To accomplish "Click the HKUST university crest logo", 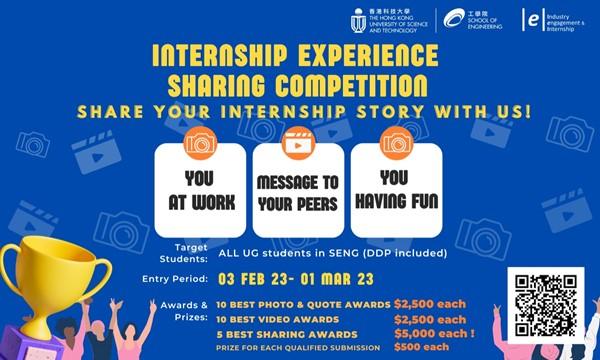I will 358,19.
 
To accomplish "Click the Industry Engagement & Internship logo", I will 534,19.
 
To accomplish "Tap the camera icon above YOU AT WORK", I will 199,143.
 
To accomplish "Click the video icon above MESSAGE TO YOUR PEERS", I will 298,143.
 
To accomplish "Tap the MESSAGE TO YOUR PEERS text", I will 298,192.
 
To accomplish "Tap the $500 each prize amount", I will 421,346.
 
